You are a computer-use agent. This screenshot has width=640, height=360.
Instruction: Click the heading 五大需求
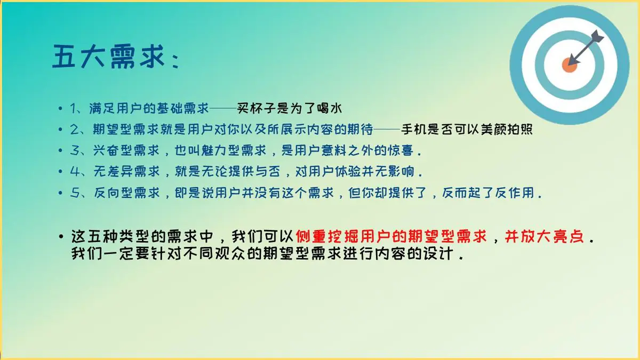click(x=109, y=57)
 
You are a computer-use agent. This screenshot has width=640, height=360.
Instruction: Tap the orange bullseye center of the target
click(x=570, y=65)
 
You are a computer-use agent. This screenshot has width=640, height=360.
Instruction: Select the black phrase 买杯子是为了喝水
click(x=290, y=108)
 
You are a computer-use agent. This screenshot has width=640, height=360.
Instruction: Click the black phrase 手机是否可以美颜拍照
click(x=467, y=129)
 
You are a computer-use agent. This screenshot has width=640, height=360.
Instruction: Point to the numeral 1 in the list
click(x=74, y=109)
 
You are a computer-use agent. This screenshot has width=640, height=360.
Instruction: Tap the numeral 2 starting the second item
click(x=74, y=130)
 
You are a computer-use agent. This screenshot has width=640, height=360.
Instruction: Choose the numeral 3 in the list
click(x=74, y=150)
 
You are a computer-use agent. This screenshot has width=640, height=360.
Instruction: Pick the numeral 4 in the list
click(x=75, y=171)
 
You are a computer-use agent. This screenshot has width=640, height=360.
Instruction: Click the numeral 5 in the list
click(x=74, y=193)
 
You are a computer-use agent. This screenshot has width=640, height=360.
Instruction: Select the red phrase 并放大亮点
click(x=544, y=237)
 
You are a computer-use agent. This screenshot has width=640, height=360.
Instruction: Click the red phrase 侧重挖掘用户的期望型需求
click(x=391, y=237)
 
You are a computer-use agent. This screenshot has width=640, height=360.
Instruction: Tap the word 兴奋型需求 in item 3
click(x=126, y=150)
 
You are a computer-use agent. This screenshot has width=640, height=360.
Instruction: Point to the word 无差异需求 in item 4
click(x=126, y=171)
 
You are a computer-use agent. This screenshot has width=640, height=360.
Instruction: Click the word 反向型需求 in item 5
click(x=126, y=193)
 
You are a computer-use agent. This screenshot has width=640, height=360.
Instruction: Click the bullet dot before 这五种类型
click(x=61, y=237)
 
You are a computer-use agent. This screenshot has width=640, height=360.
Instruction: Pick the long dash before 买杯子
click(x=223, y=109)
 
